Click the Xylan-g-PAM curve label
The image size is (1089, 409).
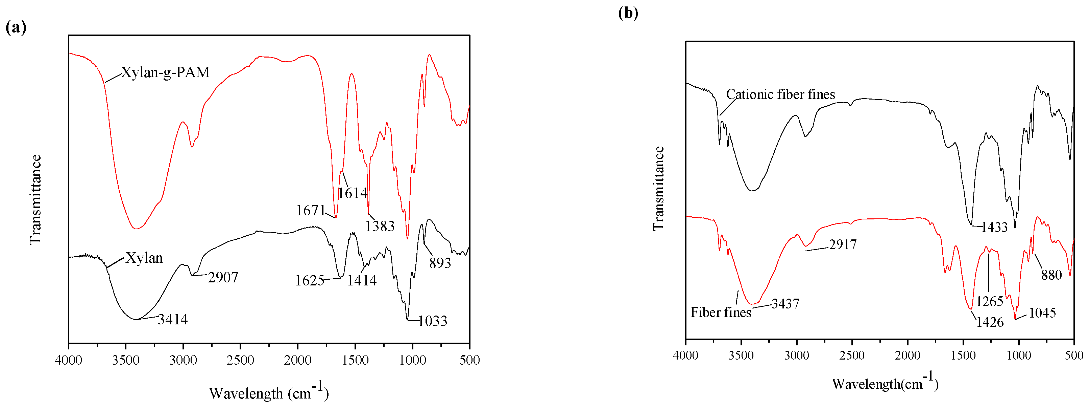pos(165,72)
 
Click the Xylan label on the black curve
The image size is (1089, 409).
pos(144,258)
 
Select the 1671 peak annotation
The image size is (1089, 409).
pos(310,211)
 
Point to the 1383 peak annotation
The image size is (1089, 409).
pos(380,227)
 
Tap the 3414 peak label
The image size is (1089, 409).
pos(172,319)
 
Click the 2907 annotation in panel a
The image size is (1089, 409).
pos(223,278)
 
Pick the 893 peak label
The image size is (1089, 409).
pos(440,263)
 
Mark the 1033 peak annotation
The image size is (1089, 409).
pos(433,321)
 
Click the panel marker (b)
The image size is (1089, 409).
pos(628,13)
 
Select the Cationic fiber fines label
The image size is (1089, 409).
pos(780,94)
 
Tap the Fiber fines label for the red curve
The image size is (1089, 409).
pos(721,313)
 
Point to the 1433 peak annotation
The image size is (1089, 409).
pos(994,228)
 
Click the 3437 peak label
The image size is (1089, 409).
pos(785,304)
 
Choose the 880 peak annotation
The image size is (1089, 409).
pos(1051,275)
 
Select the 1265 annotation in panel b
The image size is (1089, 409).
pos(990,301)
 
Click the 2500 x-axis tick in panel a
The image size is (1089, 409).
pos(240,360)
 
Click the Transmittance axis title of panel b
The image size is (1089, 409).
pos(658,188)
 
